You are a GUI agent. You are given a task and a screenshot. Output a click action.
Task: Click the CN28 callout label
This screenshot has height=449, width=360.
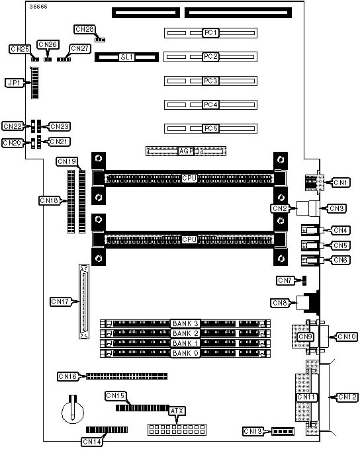click(x=84, y=29)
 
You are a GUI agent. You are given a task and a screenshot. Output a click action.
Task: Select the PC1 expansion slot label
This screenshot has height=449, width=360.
click(x=210, y=32)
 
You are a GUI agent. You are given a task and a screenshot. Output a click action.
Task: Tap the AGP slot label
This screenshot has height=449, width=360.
click(x=186, y=151)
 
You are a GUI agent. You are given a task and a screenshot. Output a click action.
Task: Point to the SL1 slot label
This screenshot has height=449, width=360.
click(x=126, y=57)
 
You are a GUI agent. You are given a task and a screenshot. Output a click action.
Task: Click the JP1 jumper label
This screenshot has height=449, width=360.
click(x=15, y=83)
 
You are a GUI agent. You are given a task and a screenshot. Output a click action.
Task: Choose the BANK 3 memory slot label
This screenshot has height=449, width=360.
click(x=185, y=323)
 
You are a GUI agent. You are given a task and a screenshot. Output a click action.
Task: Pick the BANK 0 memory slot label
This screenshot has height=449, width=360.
click(x=185, y=353)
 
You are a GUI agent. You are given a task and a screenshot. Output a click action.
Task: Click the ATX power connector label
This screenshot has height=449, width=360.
click(x=177, y=411)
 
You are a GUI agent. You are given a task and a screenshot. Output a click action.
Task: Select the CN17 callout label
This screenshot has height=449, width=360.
click(x=60, y=302)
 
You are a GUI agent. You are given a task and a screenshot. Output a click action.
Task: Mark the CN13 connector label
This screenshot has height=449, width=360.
click(x=253, y=431)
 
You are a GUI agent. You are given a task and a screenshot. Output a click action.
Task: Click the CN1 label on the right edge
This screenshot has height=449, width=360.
click(x=341, y=183)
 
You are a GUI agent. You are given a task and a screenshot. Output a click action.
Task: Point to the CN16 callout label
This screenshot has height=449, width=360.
click(x=67, y=376)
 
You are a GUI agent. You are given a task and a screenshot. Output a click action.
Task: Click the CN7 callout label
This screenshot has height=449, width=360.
click(x=285, y=280)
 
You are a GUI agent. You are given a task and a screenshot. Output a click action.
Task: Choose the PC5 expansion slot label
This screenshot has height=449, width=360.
click(x=210, y=128)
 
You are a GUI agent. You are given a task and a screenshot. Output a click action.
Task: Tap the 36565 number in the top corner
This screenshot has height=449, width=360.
click(x=38, y=7)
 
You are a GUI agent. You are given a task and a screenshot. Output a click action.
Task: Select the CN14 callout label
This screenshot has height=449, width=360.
click(x=92, y=442)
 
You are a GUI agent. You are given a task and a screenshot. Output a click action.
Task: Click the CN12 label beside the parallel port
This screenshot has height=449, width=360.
click(x=347, y=397)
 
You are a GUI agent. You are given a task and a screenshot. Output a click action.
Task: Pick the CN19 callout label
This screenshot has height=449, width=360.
click(x=67, y=161)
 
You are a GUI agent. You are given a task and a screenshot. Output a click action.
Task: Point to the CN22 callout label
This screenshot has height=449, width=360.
click(x=13, y=126)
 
